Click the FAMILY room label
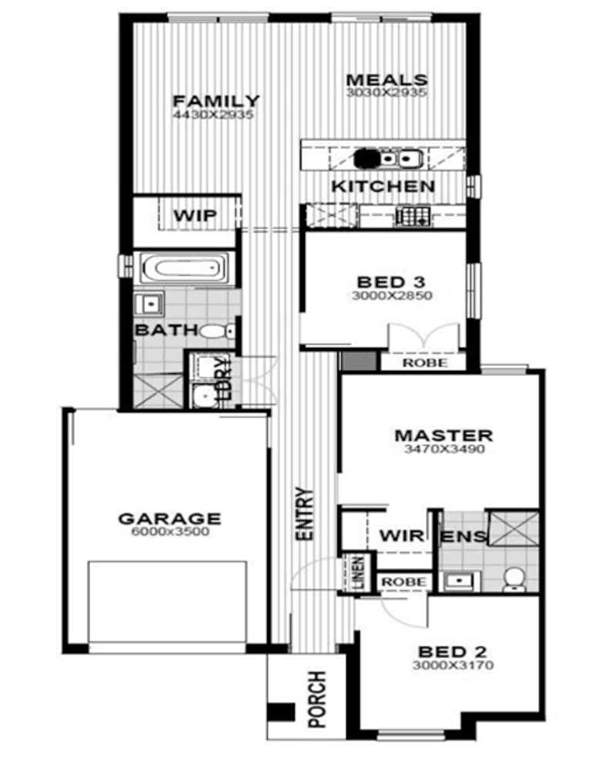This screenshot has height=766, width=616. pyautogui.click(x=216, y=101)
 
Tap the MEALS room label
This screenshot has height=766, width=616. pyautogui.click(x=386, y=80)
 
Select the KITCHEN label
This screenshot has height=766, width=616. pyautogui.click(x=383, y=186)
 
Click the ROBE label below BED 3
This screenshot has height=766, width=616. pyautogui.click(x=424, y=362)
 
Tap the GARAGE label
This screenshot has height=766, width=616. pyautogui.click(x=169, y=519)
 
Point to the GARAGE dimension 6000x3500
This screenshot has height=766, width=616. pyautogui.click(x=169, y=532)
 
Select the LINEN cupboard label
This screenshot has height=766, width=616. pyautogui.click(x=357, y=575)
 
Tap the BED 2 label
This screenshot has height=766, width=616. pyautogui.click(x=452, y=651)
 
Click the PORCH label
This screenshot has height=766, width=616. pyautogui.click(x=316, y=700)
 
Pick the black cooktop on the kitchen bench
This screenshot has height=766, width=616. pyautogui.click(x=367, y=158)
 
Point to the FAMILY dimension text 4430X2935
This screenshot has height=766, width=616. pyautogui.click(x=215, y=115)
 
